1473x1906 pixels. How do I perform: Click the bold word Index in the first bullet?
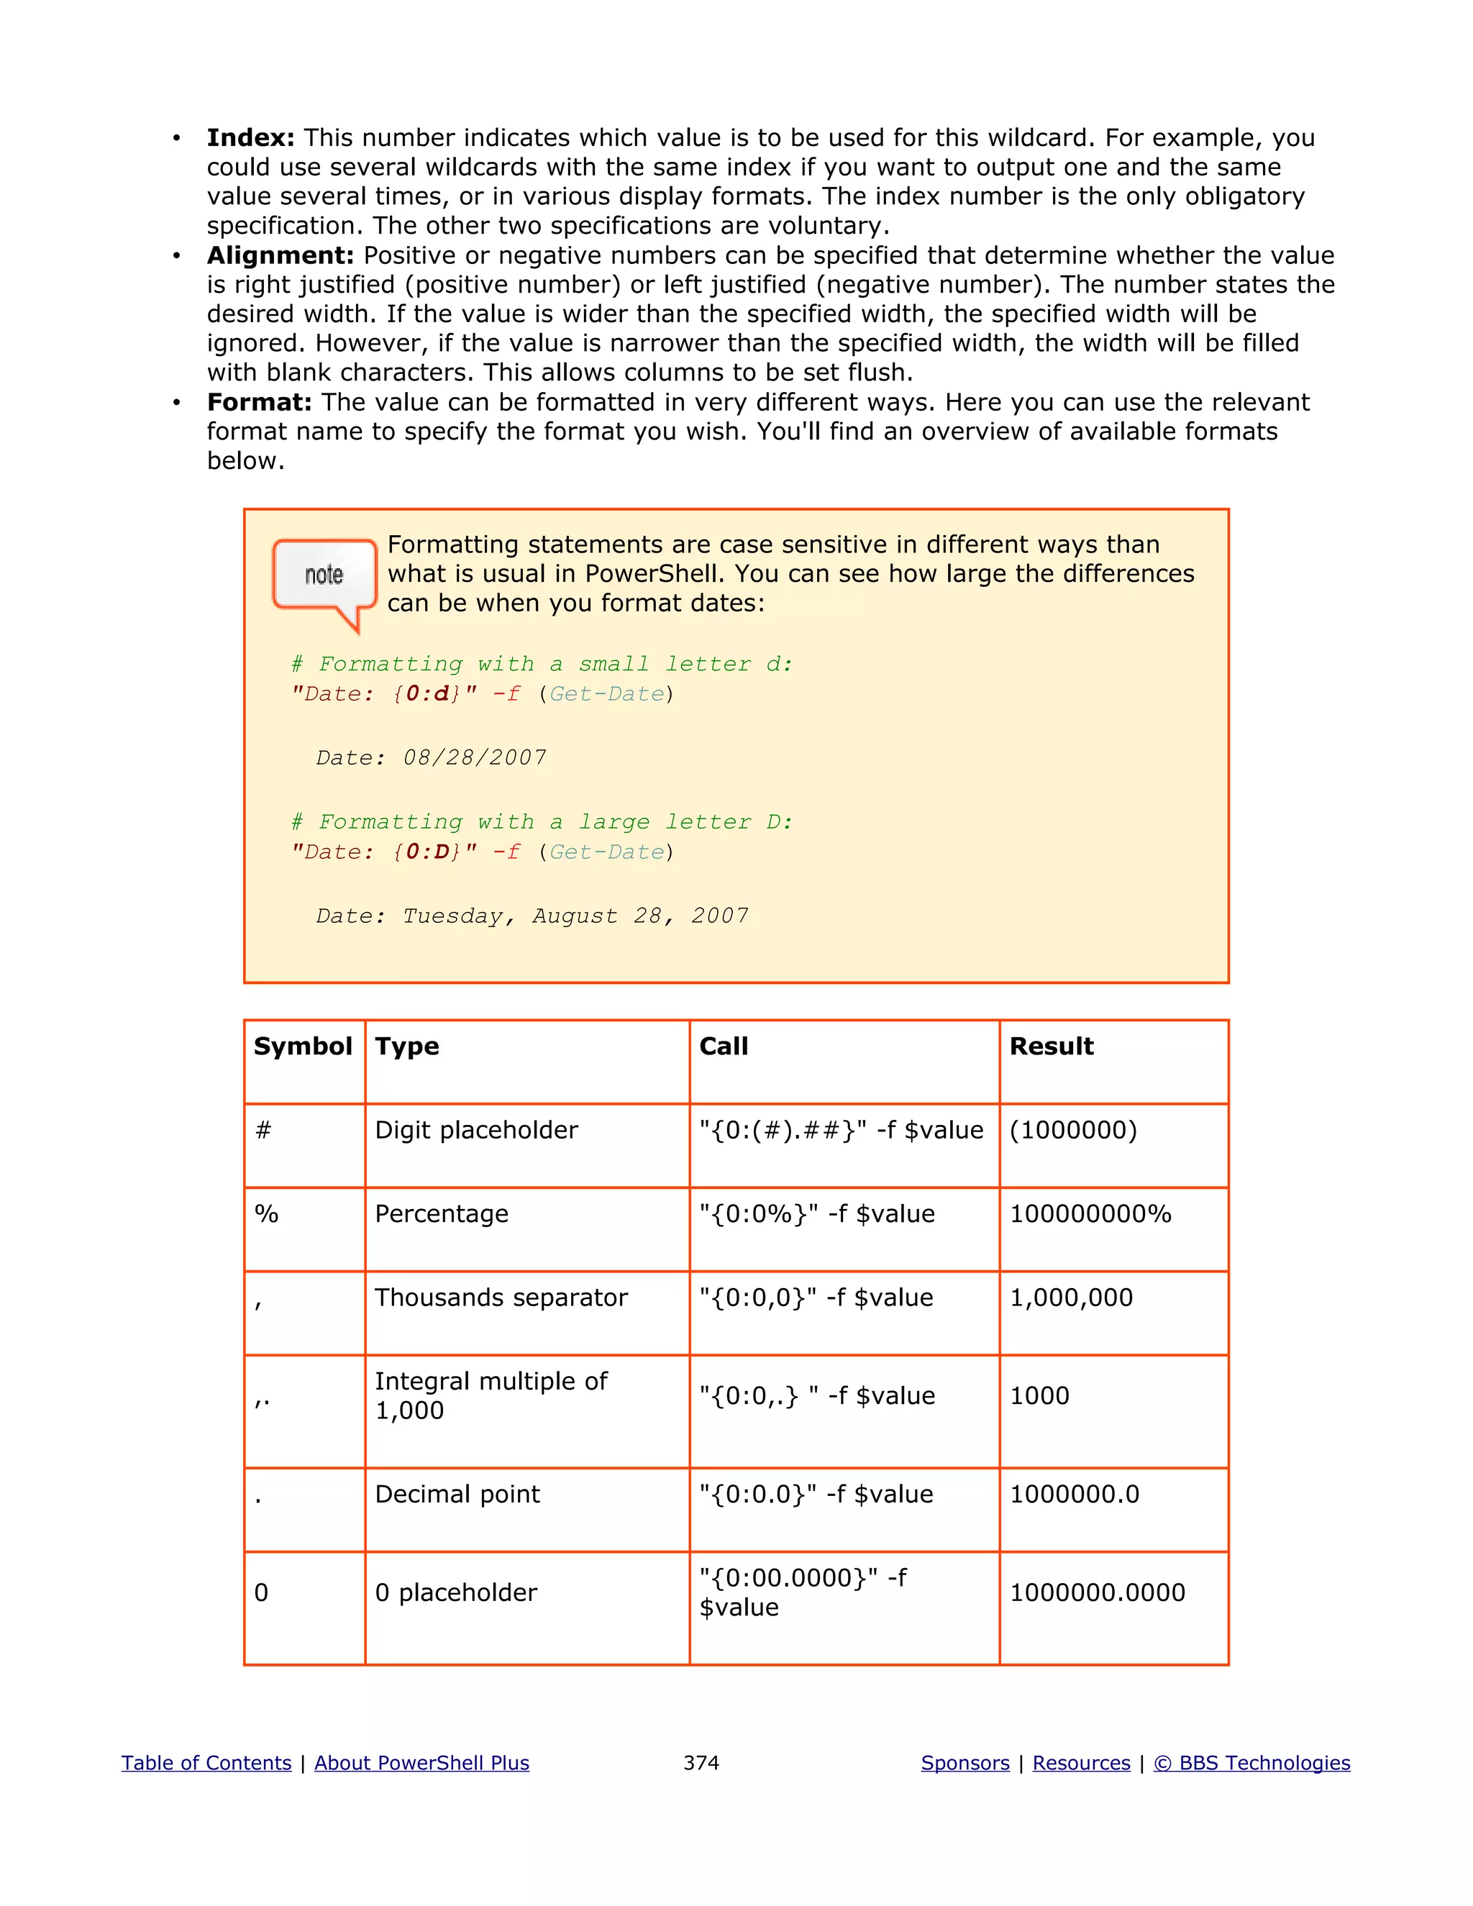click(250, 138)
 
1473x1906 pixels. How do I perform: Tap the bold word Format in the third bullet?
click(259, 402)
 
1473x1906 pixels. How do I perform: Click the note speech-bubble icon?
click(324, 578)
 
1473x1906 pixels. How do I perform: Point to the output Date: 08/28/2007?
click(431, 757)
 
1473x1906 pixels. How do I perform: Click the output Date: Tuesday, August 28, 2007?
click(532, 916)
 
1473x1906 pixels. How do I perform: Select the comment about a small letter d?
click(542, 664)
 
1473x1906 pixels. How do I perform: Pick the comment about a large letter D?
click(542, 822)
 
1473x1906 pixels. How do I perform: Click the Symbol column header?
click(303, 1047)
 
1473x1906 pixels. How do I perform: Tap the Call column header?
click(724, 1047)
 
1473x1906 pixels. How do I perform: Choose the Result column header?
click(1051, 1047)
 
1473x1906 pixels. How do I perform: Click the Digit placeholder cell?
click(476, 1130)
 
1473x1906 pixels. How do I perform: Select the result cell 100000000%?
click(1090, 1214)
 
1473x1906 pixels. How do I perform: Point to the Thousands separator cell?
click(501, 1298)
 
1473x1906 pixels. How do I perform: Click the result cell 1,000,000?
click(1071, 1298)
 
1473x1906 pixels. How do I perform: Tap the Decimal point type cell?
click(457, 1494)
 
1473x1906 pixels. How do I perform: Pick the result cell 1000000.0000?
click(1097, 1592)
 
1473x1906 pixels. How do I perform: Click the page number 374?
click(701, 1763)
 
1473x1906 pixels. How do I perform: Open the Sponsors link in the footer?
click(965, 1763)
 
